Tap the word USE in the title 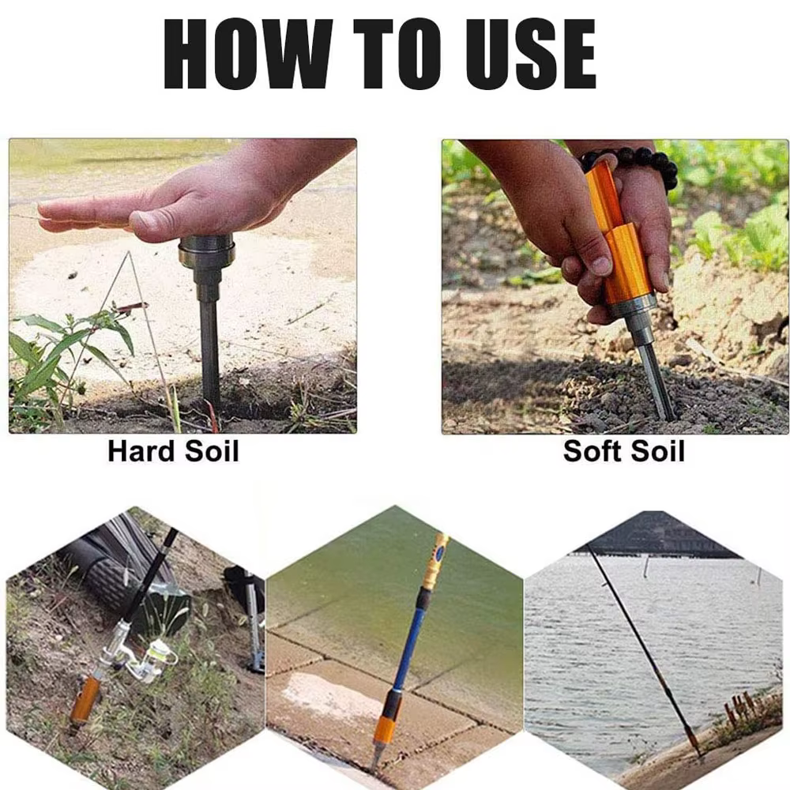531,54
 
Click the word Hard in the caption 141,451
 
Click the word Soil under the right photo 658,451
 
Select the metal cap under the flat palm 206,251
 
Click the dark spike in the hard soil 209,348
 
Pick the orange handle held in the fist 621,237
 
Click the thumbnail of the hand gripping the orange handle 600,265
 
